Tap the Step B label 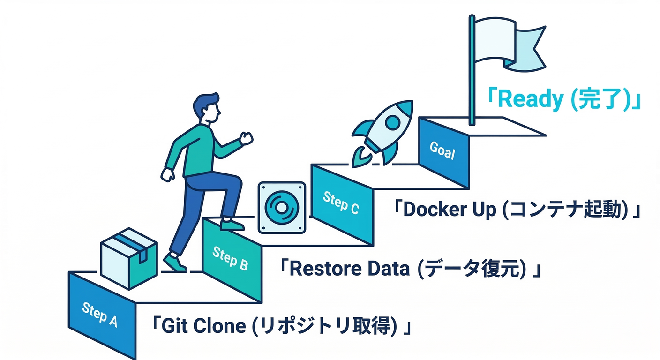point(230,258)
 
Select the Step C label point(341,202)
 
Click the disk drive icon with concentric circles point(282,208)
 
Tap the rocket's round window point(392,123)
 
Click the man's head point(208,108)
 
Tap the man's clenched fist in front point(246,138)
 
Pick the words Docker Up point(449,210)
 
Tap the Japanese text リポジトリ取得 point(324,325)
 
